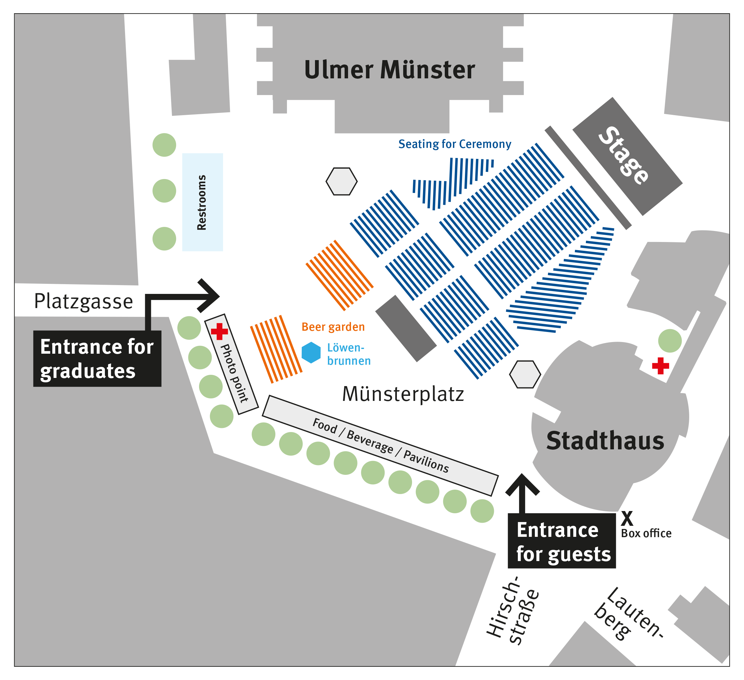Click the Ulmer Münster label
(x=389, y=70)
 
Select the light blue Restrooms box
(x=202, y=202)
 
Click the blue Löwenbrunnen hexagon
(x=311, y=352)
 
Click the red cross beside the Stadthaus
(x=660, y=366)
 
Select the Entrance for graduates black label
(x=97, y=358)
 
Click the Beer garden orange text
(x=333, y=327)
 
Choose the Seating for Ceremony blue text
(x=455, y=144)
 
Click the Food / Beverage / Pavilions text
(x=381, y=446)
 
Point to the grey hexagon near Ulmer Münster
(x=341, y=182)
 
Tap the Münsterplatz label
(x=403, y=394)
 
